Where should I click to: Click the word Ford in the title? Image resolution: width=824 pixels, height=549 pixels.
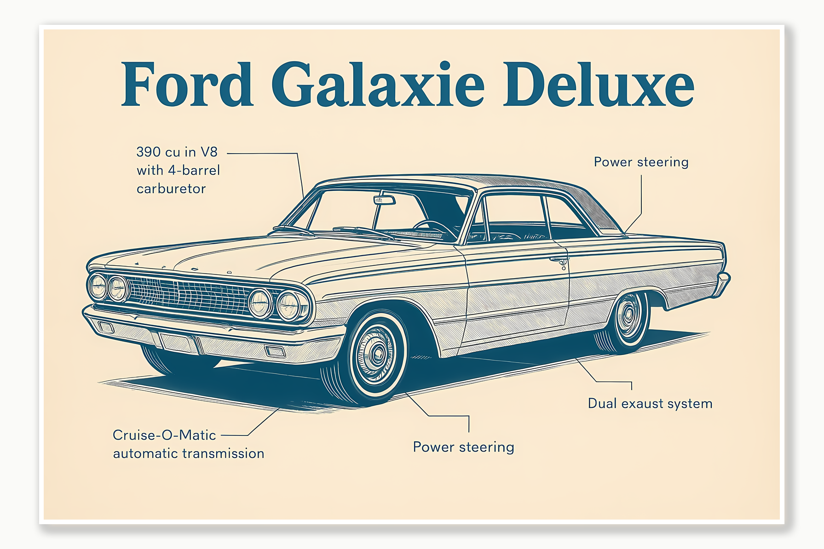[x=187, y=85]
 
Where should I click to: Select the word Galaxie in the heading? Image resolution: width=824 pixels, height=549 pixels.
[x=378, y=85]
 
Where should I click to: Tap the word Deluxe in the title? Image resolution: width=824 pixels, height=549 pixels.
[x=598, y=85]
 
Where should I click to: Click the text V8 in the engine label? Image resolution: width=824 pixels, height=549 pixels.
[x=209, y=152]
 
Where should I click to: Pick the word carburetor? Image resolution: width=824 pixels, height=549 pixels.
[x=171, y=189]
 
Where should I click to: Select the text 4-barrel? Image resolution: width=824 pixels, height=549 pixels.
[x=194, y=171]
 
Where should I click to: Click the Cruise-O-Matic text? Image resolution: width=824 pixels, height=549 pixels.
[x=164, y=435]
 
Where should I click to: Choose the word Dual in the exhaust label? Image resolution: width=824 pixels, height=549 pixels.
[x=602, y=404]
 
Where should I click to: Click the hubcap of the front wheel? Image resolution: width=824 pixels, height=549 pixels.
[x=377, y=353]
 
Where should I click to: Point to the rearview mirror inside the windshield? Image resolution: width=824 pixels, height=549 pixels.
[x=385, y=200]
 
